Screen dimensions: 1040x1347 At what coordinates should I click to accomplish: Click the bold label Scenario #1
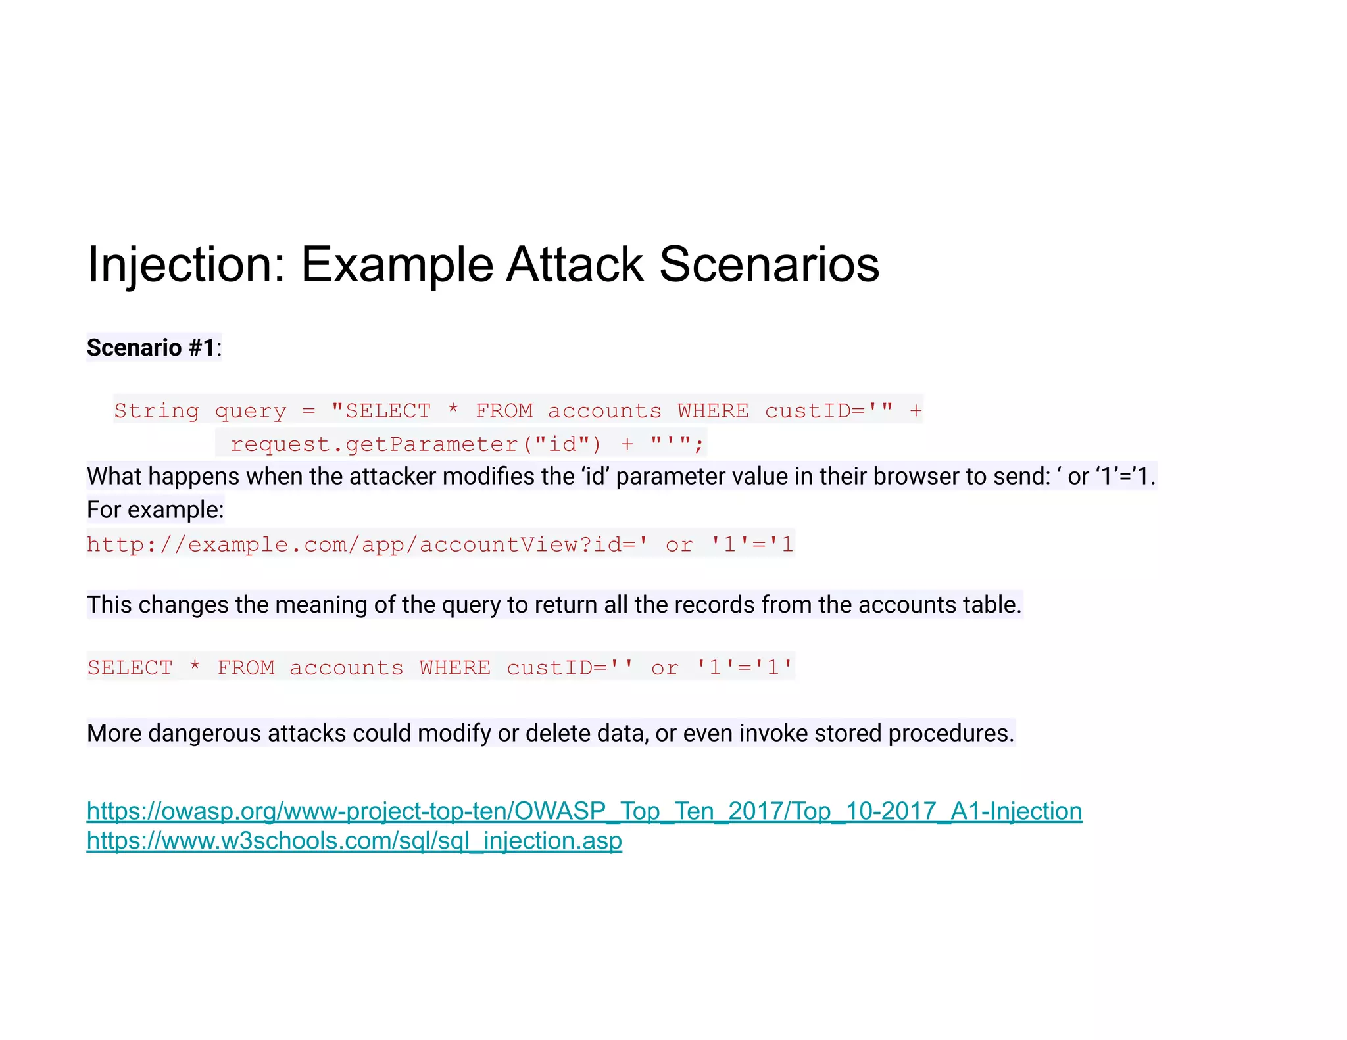[x=151, y=348]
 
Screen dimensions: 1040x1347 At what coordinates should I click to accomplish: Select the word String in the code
[x=157, y=411]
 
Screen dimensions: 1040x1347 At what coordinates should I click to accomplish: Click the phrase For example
[x=155, y=509]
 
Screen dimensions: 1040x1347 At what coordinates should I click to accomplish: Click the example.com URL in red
[x=439, y=544]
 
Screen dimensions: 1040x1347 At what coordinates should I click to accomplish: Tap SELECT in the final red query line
[x=130, y=668]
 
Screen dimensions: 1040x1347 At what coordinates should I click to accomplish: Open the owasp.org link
[x=584, y=811]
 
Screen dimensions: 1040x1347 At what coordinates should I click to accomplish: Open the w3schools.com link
[x=354, y=841]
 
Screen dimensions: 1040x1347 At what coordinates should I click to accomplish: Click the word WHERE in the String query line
[x=713, y=411]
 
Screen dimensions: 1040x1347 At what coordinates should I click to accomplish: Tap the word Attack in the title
[x=575, y=265]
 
